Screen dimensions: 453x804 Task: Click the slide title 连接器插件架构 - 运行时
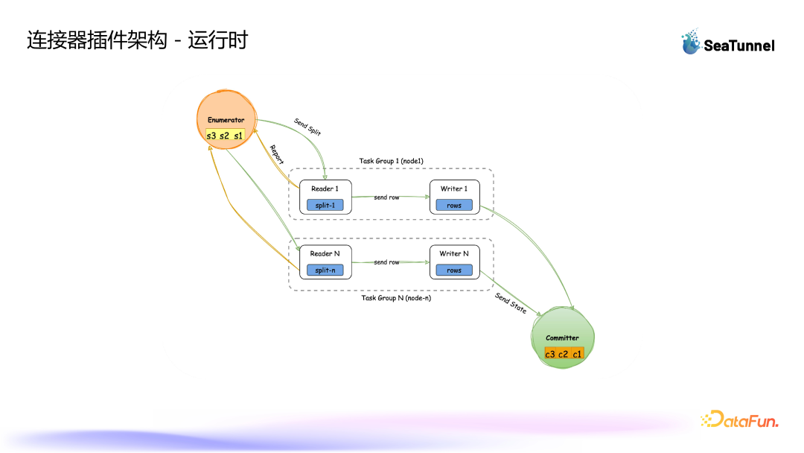point(137,40)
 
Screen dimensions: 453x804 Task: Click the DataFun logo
point(739,420)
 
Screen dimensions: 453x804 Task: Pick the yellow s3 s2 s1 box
point(225,136)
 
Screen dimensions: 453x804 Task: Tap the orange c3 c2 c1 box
point(564,353)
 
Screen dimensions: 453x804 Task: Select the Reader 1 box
point(325,197)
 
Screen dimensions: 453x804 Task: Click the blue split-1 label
point(325,205)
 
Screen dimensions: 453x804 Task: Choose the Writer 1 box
point(454,197)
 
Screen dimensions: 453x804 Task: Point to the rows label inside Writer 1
point(454,205)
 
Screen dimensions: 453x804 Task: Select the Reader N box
point(325,262)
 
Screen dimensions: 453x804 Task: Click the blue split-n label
point(325,270)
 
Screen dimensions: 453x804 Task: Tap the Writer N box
point(454,262)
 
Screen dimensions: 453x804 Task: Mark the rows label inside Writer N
point(454,270)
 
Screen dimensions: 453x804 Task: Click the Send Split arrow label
point(307,126)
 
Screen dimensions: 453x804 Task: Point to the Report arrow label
point(277,154)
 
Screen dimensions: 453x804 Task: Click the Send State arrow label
point(511,303)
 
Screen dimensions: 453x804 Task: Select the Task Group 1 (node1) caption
point(391,161)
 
